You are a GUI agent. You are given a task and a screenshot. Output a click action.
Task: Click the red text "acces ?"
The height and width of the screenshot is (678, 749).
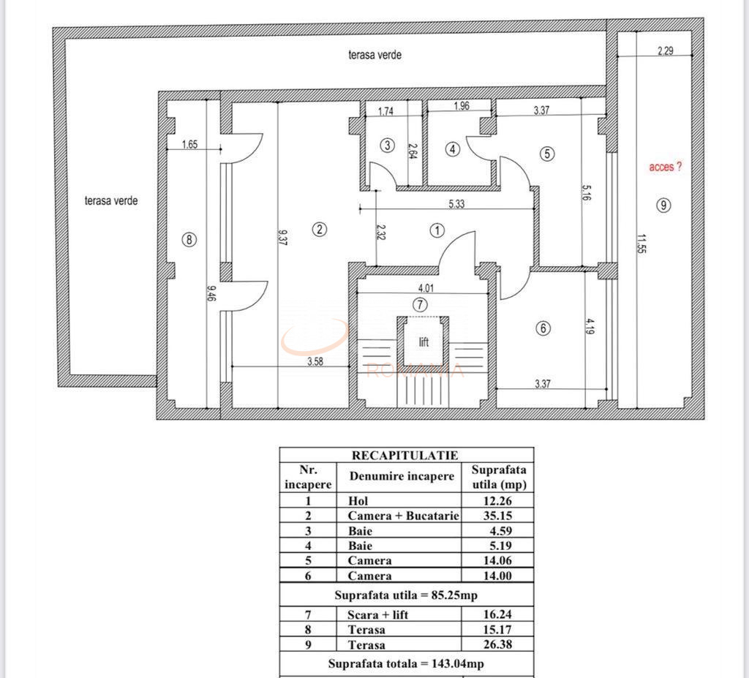point(665,167)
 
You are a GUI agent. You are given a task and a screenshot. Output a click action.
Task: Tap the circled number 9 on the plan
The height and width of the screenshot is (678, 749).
point(663,206)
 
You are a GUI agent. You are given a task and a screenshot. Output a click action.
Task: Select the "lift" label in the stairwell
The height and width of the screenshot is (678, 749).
point(424,342)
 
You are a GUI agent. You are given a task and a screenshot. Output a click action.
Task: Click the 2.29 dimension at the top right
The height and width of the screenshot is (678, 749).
point(665,51)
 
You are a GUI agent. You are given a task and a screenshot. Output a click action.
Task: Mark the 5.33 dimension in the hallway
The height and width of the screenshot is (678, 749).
point(456,204)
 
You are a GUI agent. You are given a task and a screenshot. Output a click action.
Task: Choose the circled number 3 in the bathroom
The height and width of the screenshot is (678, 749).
point(388,145)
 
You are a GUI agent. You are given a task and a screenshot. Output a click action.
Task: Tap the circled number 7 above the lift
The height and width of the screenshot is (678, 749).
point(420,304)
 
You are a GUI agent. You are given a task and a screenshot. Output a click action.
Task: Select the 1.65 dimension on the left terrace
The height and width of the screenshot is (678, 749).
point(189,145)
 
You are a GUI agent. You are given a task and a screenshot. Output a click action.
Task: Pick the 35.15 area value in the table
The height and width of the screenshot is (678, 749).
point(498,516)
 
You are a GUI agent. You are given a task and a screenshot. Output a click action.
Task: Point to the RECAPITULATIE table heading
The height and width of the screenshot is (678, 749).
point(405,455)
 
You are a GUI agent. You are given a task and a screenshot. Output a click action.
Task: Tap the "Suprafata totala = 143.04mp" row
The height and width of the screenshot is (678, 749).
point(406,663)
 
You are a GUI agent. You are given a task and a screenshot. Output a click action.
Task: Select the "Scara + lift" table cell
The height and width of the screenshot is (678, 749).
point(377,615)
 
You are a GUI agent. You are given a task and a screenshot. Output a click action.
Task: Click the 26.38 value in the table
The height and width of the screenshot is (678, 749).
point(498,645)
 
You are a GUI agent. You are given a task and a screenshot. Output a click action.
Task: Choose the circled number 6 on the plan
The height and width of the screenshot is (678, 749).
point(543,329)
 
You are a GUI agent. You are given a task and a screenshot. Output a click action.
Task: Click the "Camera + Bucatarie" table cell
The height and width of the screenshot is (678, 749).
point(403,516)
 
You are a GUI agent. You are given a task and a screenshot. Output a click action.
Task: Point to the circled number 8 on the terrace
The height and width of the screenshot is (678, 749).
point(189,239)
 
